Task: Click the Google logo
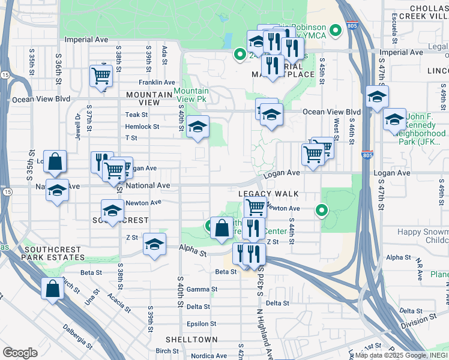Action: pyautogui.click(x=20, y=353)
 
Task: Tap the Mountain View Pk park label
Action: pyautogui.click(x=191, y=95)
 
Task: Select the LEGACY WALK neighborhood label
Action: pyautogui.click(x=268, y=194)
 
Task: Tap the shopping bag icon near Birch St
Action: pyautogui.click(x=53, y=288)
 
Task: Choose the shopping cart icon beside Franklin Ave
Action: pyautogui.click(x=101, y=76)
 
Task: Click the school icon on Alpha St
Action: pyautogui.click(x=154, y=244)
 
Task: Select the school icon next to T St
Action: pyautogui.click(x=197, y=126)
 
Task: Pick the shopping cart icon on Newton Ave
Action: pyautogui.click(x=256, y=208)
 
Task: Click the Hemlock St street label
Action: pyautogui.click(x=142, y=127)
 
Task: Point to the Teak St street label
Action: pyautogui.click(x=136, y=115)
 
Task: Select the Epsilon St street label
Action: pyautogui.click(x=200, y=324)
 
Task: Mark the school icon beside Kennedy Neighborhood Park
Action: pyautogui.click(x=394, y=119)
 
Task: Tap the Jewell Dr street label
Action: pyautogui.click(x=77, y=127)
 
